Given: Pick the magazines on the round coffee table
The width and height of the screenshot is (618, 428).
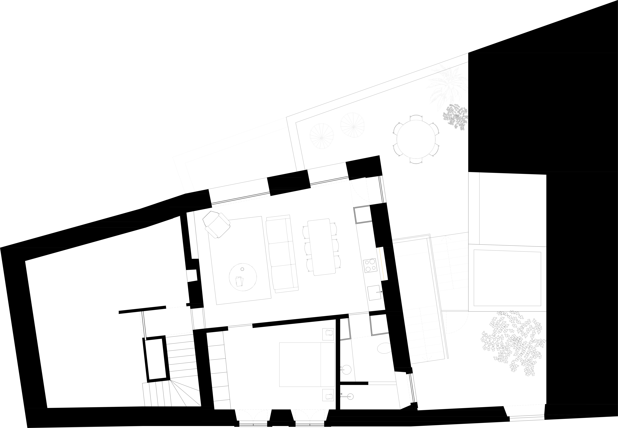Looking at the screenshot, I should (x=239, y=281).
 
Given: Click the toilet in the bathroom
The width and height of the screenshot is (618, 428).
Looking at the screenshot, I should (x=384, y=348).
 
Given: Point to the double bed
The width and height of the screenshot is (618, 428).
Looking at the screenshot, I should (x=307, y=364).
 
